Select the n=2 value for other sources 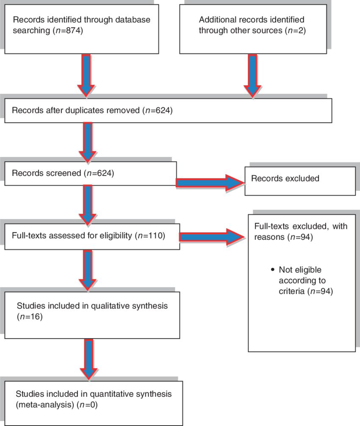click(x=295, y=30)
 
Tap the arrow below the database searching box click(x=86, y=75)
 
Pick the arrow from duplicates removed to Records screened click(x=88, y=142)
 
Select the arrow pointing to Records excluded click(x=210, y=183)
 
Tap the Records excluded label click(x=285, y=179)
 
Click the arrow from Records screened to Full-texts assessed click(x=88, y=205)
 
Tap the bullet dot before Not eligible click(x=273, y=269)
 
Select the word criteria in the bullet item click(x=292, y=291)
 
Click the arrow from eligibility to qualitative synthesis click(x=88, y=270)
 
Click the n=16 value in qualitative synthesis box click(x=30, y=317)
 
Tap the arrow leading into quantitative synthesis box click(x=89, y=359)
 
